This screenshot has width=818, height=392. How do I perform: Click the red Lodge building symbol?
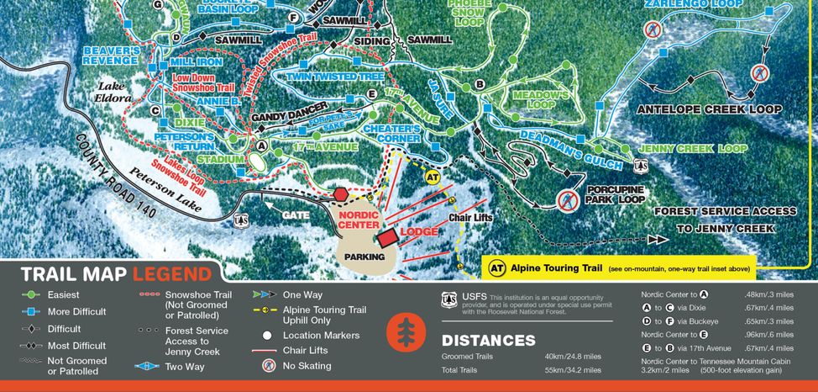point(387,237)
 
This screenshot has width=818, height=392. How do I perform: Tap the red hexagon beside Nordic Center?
point(341,194)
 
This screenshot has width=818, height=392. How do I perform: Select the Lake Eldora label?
point(116,92)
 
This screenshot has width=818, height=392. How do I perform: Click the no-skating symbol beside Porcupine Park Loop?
point(567,200)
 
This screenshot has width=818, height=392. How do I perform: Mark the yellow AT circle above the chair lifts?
point(433,177)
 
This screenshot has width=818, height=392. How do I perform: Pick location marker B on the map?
point(480,84)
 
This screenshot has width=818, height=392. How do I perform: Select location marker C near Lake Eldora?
point(155,110)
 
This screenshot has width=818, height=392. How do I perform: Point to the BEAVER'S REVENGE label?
point(111,56)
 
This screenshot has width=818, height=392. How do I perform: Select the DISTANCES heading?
point(488,341)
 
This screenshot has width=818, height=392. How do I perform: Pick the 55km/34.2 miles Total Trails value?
point(574,369)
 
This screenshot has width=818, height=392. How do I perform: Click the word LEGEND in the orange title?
point(172,274)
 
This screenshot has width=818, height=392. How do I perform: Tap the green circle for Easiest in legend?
point(31,295)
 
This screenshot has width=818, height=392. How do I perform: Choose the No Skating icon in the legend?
point(269,367)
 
